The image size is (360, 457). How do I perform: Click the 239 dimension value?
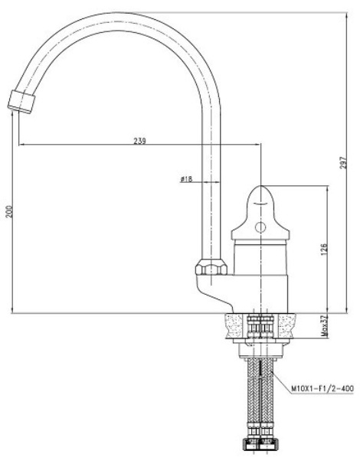tap(139, 141)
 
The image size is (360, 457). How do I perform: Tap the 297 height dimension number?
tap(344, 163)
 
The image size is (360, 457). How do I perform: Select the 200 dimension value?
tap(9, 211)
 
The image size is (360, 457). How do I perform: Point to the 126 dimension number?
tap(324, 250)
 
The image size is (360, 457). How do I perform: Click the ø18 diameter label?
tap(186, 179)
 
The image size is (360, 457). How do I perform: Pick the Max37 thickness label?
tap(323, 325)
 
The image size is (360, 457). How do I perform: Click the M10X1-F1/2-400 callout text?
tap(322, 388)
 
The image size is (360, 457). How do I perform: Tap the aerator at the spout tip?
tap(21, 101)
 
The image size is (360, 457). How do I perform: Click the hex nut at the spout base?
tap(211, 266)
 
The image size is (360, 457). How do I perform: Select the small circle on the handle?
tap(260, 227)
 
